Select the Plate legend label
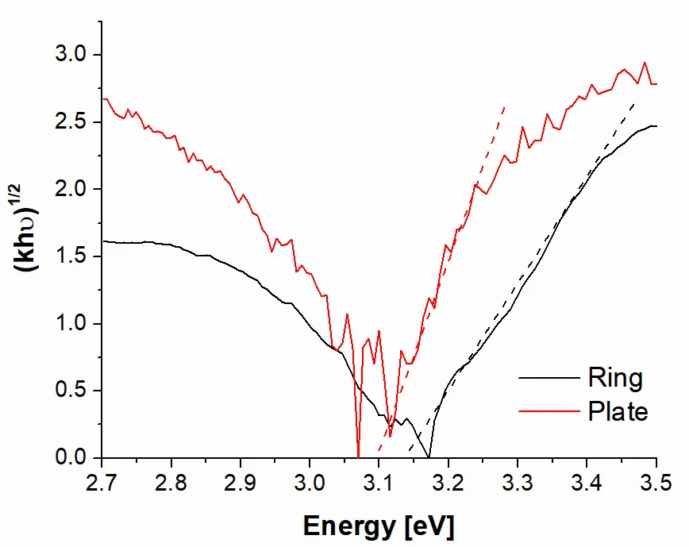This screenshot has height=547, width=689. coord(618,412)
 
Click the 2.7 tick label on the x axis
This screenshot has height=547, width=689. coord(102,483)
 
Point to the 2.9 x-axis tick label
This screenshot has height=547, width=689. coord(241,483)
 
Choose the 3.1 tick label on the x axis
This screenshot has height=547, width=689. coord(379,483)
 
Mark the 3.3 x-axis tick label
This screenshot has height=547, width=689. coord(518,483)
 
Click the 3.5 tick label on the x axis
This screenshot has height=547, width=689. coord(656,483)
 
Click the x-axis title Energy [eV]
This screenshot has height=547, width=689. coord(379,526)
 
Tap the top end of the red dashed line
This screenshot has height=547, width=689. coord(504,106)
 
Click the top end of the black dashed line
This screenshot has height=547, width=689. coord(634,102)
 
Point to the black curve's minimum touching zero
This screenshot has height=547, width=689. coord(429,457)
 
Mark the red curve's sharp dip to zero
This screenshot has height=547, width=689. coord(359,456)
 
